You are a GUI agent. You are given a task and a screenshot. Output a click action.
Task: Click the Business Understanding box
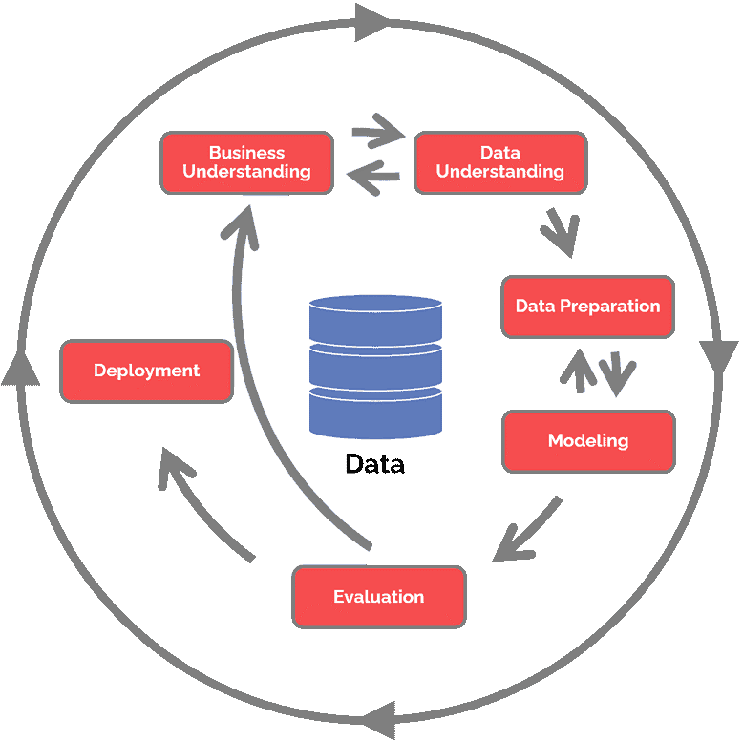pyautogui.click(x=246, y=162)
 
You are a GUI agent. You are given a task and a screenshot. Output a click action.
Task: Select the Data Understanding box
pyautogui.click(x=499, y=162)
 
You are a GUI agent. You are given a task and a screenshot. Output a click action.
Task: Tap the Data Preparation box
pyautogui.click(x=587, y=307)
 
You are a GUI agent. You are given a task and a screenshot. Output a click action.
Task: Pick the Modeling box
pyautogui.click(x=588, y=441)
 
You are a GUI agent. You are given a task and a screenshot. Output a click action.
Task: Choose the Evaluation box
pyautogui.click(x=379, y=597)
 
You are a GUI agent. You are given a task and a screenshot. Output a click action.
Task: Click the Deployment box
pyautogui.click(x=146, y=371)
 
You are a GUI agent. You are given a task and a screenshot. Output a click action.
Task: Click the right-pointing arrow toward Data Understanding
pyautogui.click(x=375, y=133)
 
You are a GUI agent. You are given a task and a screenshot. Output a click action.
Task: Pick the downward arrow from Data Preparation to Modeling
pyautogui.click(x=620, y=373)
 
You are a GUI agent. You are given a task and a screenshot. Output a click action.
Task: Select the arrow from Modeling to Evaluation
pyautogui.click(x=525, y=531)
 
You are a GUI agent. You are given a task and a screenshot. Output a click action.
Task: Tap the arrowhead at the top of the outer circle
pyautogui.click(x=372, y=23)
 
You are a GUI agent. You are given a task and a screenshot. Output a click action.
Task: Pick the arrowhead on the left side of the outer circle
pyautogui.click(x=21, y=367)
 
